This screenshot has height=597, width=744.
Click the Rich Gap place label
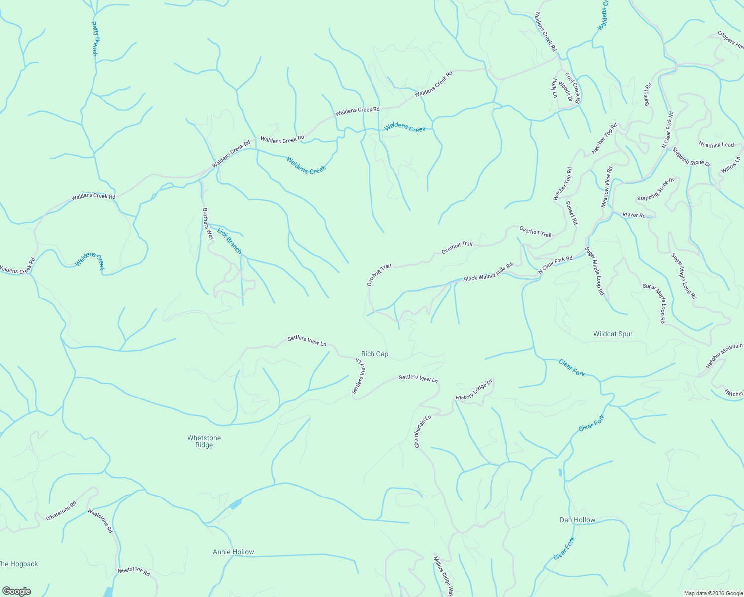click(374, 354)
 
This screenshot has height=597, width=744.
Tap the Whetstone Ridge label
click(204, 441)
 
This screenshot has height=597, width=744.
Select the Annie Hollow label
click(233, 552)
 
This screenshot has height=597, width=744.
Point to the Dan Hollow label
click(577, 520)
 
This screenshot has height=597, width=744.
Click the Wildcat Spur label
click(613, 334)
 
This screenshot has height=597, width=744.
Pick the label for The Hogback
click(18, 564)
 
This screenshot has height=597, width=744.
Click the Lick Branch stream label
click(229, 241)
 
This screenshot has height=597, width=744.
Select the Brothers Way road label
click(207, 224)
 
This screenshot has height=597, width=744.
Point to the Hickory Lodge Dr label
click(474, 390)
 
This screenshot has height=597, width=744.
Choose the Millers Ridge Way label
click(443, 576)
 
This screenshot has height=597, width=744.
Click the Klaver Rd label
click(634, 215)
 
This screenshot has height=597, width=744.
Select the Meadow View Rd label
click(607, 187)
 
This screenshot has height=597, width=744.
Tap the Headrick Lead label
click(716, 145)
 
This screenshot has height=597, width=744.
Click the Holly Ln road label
click(554, 88)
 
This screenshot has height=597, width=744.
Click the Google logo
click(16, 591)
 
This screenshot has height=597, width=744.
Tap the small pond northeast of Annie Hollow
click(234, 504)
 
